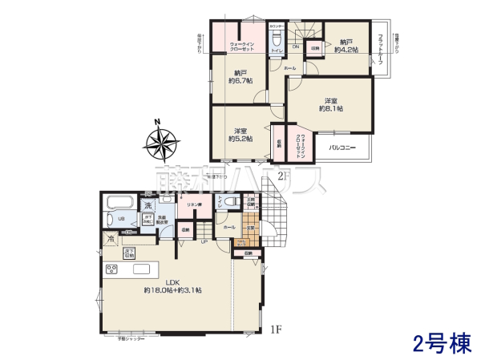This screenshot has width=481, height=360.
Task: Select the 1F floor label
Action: (276, 328)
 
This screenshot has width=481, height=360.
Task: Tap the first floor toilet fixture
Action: (228, 203)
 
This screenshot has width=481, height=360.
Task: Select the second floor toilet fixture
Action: (276, 40)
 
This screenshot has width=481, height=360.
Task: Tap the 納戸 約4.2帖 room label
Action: (347, 46)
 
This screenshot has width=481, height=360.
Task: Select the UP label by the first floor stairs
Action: (204, 242)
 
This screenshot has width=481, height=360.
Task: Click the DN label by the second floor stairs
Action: (296, 47)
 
